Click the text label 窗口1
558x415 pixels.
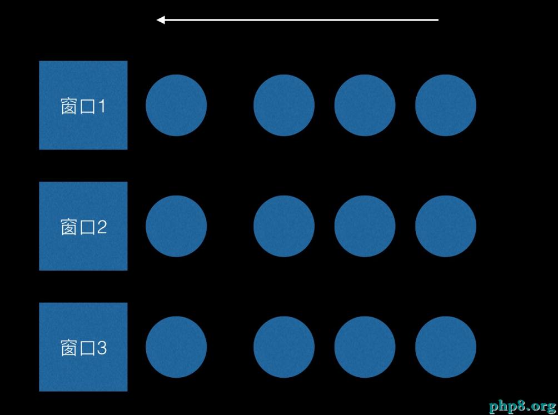(x=83, y=106)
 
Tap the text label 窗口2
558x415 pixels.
(x=83, y=227)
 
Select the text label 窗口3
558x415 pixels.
(x=83, y=348)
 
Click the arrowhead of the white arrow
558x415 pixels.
(x=161, y=20)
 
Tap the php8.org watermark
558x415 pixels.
(x=522, y=406)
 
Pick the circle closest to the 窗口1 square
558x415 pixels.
(x=176, y=105)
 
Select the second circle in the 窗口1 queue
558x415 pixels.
(x=284, y=105)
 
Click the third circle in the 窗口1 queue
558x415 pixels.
(x=365, y=105)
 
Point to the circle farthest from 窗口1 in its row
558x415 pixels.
(x=446, y=105)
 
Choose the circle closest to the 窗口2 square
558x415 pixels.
(x=176, y=226)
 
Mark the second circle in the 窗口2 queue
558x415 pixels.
(x=284, y=226)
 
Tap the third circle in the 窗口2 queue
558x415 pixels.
(x=365, y=226)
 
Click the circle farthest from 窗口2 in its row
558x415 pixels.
(x=446, y=226)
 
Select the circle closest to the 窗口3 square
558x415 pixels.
(x=176, y=347)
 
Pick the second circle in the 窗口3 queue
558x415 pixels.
(x=284, y=347)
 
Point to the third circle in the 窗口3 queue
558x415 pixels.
(x=365, y=347)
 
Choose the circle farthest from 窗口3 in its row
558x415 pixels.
(x=446, y=347)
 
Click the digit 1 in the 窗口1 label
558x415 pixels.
(x=102, y=106)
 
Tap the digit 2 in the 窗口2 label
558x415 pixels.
(x=102, y=227)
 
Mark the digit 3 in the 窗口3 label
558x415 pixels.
(x=102, y=348)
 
